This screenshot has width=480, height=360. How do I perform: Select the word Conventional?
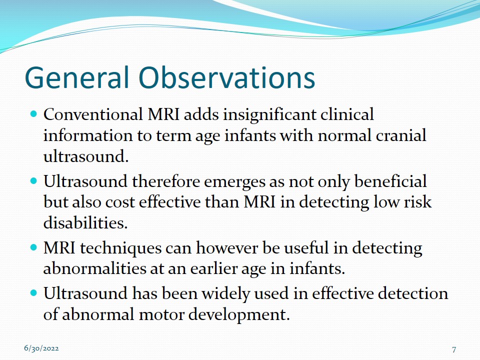tap(93, 114)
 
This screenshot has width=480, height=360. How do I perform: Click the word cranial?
tap(400, 135)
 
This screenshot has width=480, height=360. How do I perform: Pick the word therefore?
tap(165, 181)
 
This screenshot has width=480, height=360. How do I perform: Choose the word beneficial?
tap(390, 181)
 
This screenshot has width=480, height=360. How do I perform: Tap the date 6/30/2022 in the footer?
tap(41, 348)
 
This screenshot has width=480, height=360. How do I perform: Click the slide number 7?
tap(454, 349)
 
